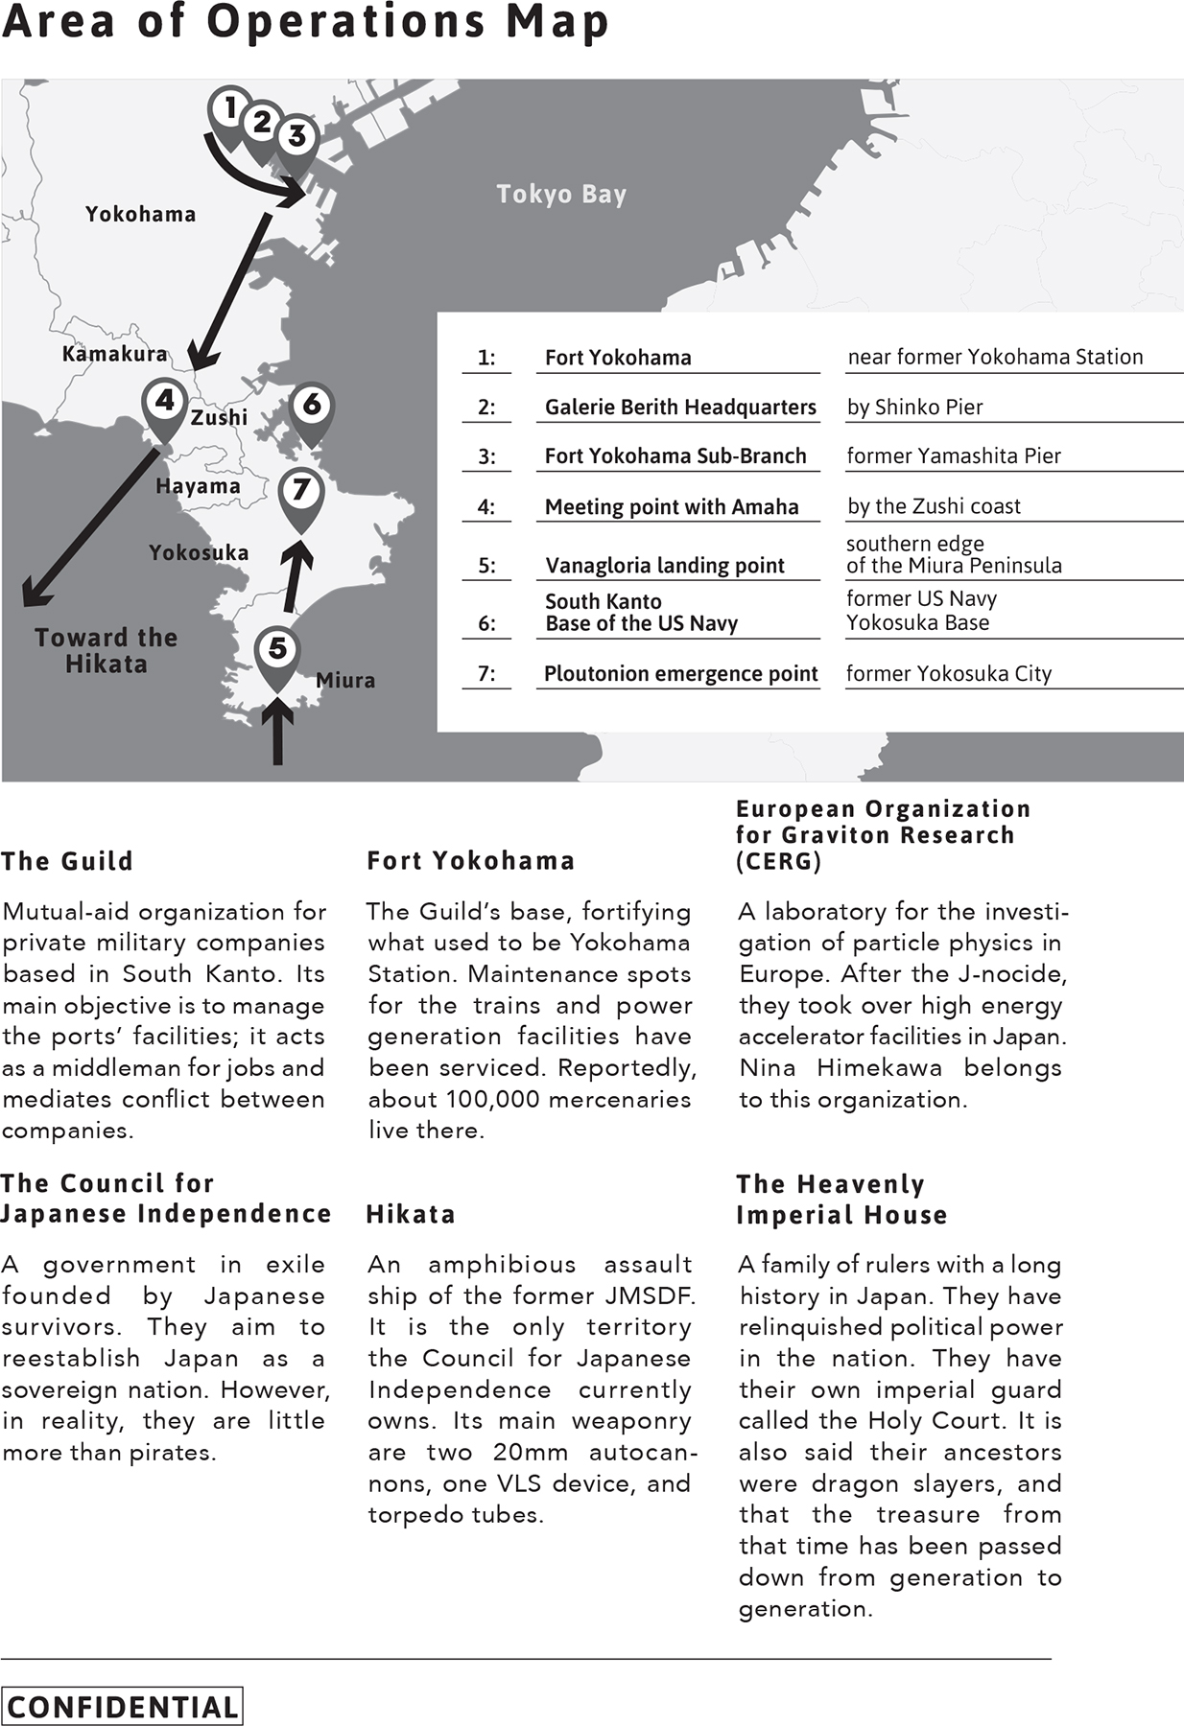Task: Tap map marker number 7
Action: pos(301,492)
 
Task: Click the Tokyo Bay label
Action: pos(561,195)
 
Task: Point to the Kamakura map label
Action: pos(114,354)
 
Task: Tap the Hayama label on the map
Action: pos(198,486)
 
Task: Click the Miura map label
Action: pos(345,681)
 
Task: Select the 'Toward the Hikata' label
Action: pos(106,651)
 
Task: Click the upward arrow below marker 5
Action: pos(277,734)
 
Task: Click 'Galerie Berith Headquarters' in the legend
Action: pos(680,408)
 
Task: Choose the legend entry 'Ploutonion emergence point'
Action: pos(680,674)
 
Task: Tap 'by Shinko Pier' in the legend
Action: pos(914,408)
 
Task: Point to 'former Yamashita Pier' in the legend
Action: pos(954,456)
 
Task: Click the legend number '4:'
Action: pos(486,507)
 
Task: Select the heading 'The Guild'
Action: pos(67,861)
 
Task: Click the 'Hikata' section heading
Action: pos(411,1215)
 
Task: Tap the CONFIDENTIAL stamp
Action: pos(122,1707)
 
